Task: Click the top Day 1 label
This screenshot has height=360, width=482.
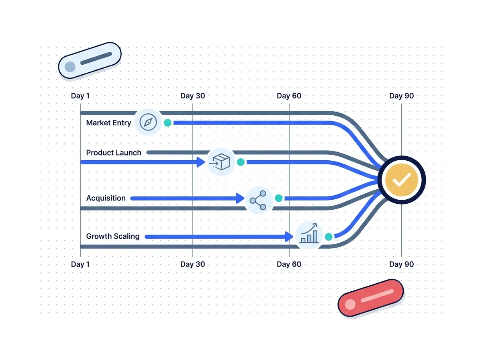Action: pyautogui.click(x=80, y=96)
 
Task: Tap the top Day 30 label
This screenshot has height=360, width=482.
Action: pyautogui.click(x=192, y=96)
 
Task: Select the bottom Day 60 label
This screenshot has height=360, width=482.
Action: pyautogui.click(x=289, y=264)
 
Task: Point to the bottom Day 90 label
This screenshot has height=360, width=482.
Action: pyautogui.click(x=401, y=264)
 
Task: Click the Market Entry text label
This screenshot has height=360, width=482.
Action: pyautogui.click(x=108, y=123)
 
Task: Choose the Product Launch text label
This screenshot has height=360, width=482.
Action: pyautogui.click(x=114, y=153)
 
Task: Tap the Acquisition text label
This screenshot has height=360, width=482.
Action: pyautogui.click(x=106, y=198)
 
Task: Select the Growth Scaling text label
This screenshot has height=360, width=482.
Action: pyautogui.click(x=112, y=236)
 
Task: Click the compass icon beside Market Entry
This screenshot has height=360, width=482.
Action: pyautogui.click(x=148, y=122)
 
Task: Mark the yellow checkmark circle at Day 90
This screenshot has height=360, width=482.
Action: pyautogui.click(x=402, y=180)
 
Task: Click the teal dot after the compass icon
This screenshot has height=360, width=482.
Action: pyautogui.click(x=168, y=123)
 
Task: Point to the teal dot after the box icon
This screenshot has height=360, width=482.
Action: pyautogui.click(x=241, y=162)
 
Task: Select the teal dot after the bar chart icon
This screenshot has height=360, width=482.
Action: pyautogui.click(x=329, y=237)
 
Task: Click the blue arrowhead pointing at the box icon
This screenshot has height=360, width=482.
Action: pyautogui.click(x=201, y=162)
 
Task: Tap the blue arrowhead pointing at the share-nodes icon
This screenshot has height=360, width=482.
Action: pyautogui.click(x=240, y=198)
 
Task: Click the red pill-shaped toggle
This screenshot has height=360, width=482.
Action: pyautogui.click(x=371, y=298)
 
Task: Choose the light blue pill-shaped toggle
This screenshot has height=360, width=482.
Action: pyautogui.click(x=90, y=60)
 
